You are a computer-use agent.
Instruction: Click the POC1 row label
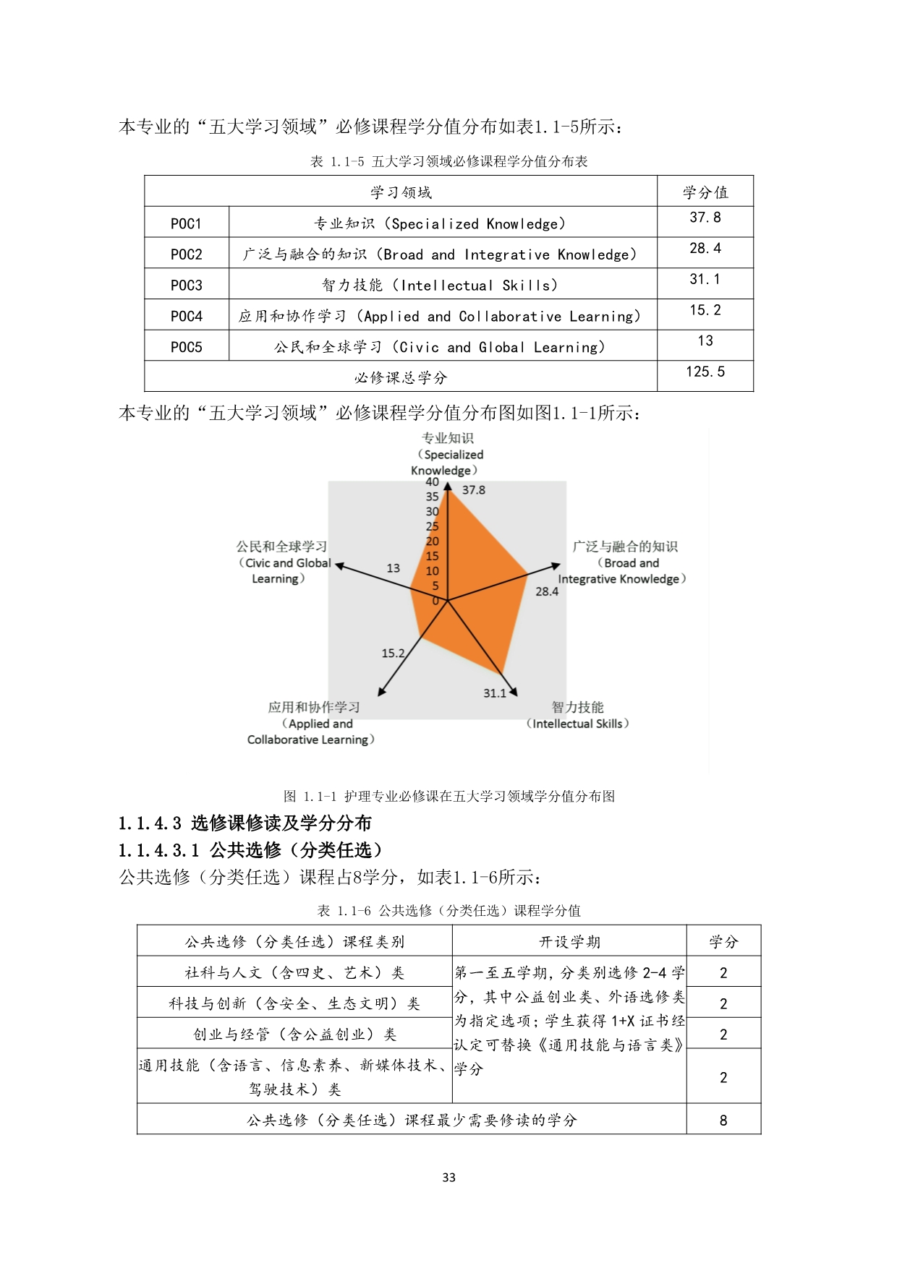[x=186, y=223]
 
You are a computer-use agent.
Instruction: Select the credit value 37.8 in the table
[x=705, y=218]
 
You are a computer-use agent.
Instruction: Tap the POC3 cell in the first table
[x=186, y=285]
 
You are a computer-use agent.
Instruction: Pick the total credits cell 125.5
[x=705, y=372]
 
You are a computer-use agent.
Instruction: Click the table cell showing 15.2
[x=705, y=310]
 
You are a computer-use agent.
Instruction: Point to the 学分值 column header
[x=705, y=192]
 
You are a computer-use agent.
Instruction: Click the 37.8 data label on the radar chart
[x=474, y=490]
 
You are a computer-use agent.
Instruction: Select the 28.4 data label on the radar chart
[x=547, y=591]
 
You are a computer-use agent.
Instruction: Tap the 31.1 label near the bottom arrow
[x=495, y=693]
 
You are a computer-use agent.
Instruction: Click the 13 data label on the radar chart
[x=393, y=568]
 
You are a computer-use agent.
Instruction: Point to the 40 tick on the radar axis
[x=432, y=481]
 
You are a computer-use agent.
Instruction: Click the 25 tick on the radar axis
[x=432, y=526]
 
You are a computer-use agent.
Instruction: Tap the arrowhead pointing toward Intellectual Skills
[x=514, y=692]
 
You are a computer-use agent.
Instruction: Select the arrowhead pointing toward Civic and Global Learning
[x=339, y=566]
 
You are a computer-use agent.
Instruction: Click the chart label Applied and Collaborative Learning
[x=311, y=724]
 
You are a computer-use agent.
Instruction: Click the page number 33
[x=448, y=1178]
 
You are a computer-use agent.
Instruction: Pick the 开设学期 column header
[x=569, y=942]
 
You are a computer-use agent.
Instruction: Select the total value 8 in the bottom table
[x=723, y=1121]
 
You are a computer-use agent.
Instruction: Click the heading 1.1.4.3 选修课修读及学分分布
[x=245, y=823]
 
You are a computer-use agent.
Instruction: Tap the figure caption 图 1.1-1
[x=448, y=797]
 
